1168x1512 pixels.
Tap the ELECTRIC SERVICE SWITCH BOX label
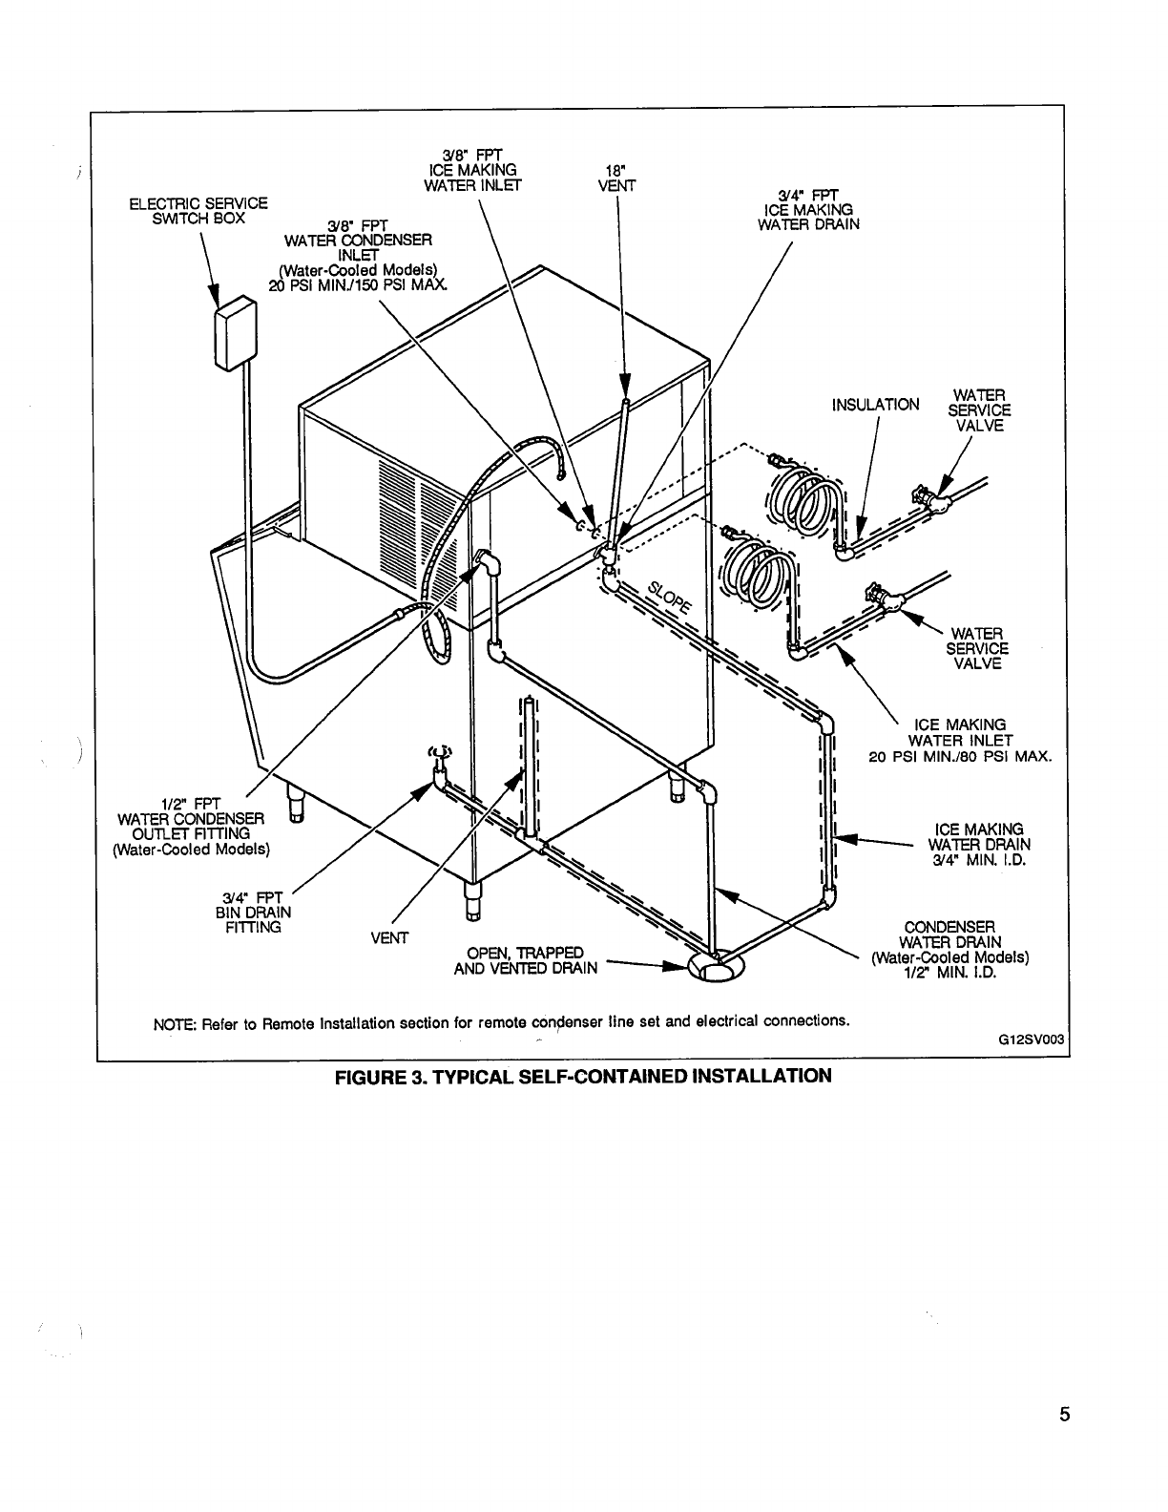[198, 210]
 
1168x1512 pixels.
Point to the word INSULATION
[875, 405]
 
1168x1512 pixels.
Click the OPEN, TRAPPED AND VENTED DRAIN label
[526, 960]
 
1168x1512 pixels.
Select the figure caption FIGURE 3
[582, 1077]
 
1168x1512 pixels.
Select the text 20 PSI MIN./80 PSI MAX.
[960, 758]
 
